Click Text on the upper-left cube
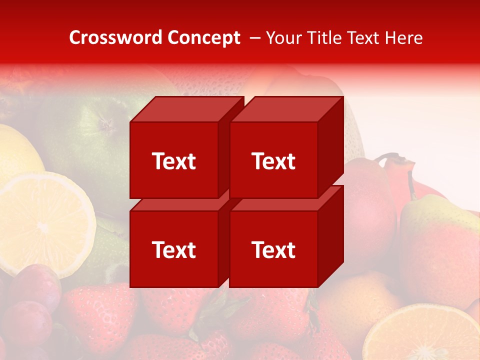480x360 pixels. tap(173, 161)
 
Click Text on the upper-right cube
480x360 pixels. tap(273, 161)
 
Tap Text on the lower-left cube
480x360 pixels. tap(173, 249)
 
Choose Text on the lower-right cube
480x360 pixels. tap(273, 249)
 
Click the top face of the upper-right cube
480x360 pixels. tap(286, 109)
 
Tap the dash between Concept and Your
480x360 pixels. tap(254, 37)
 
